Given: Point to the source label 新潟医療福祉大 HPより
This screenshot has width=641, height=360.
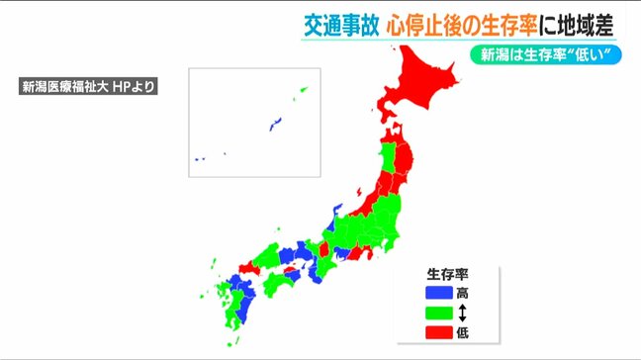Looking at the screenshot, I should click(x=90, y=86).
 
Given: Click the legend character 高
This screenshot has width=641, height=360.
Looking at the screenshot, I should click(x=463, y=293).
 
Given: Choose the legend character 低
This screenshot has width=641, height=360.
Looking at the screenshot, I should click(x=463, y=332).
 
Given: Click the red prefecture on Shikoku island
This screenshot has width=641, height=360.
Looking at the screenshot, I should click(x=287, y=271).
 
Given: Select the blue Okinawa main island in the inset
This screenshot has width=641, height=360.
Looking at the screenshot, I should click(x=276, y=124).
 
